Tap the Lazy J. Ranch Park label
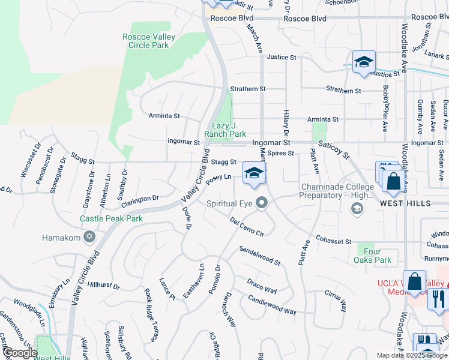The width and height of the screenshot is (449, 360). click(225, 130)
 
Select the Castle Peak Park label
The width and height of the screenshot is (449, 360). click(112, 218)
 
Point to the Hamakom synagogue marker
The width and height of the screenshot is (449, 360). click(89, 238)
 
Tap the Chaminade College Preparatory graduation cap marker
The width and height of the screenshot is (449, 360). click(357, 208)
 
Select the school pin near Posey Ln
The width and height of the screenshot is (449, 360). click(255, 174)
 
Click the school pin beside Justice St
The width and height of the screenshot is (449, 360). click(364, 62)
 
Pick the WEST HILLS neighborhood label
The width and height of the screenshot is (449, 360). click(405, 203)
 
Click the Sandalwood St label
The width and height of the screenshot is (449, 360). click(260, 256)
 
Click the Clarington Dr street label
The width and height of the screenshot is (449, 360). click(142, 197)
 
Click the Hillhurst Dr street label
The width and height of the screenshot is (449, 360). click(105, 284)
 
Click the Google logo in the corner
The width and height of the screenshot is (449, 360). click(19, 352)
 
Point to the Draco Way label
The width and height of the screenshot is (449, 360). click(262, 286)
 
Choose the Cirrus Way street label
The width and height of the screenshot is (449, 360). click(336, 302)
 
